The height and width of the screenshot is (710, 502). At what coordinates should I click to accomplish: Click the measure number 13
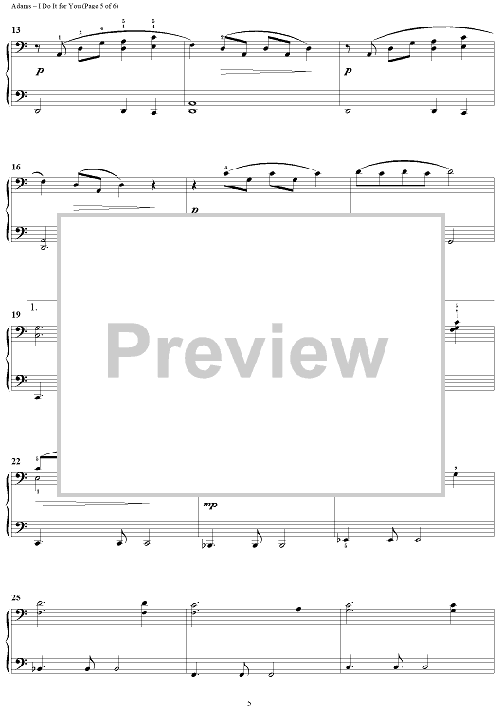[x=16, y=30]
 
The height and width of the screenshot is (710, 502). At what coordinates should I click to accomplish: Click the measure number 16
[x=16, y=167]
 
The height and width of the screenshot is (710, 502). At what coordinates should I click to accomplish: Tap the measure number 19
[x=16, y=315]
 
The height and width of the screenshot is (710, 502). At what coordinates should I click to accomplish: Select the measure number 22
[x=16, y=461]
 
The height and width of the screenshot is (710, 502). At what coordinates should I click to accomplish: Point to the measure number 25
[x=16, y=597]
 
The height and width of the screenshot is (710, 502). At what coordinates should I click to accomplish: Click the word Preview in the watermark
[x=247, y=351]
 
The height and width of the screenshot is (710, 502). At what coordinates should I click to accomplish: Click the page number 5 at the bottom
[x=249, y=702]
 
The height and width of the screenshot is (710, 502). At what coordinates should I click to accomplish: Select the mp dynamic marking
[x=210, y=505]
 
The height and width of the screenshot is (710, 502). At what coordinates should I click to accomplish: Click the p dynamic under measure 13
[x=40, y=71]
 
